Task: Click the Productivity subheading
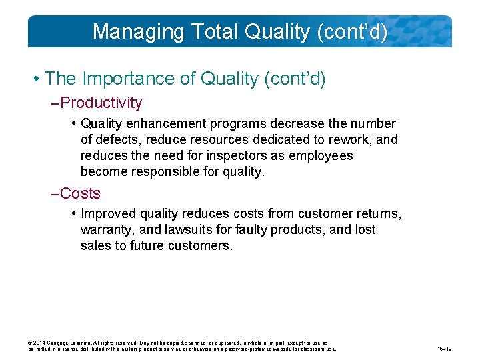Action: (101, 103)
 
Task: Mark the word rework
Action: (339, 139)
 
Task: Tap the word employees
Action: (319, 155)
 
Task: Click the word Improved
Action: (107, 214)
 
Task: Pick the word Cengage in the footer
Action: (63, 343)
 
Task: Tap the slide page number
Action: (445, 349)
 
